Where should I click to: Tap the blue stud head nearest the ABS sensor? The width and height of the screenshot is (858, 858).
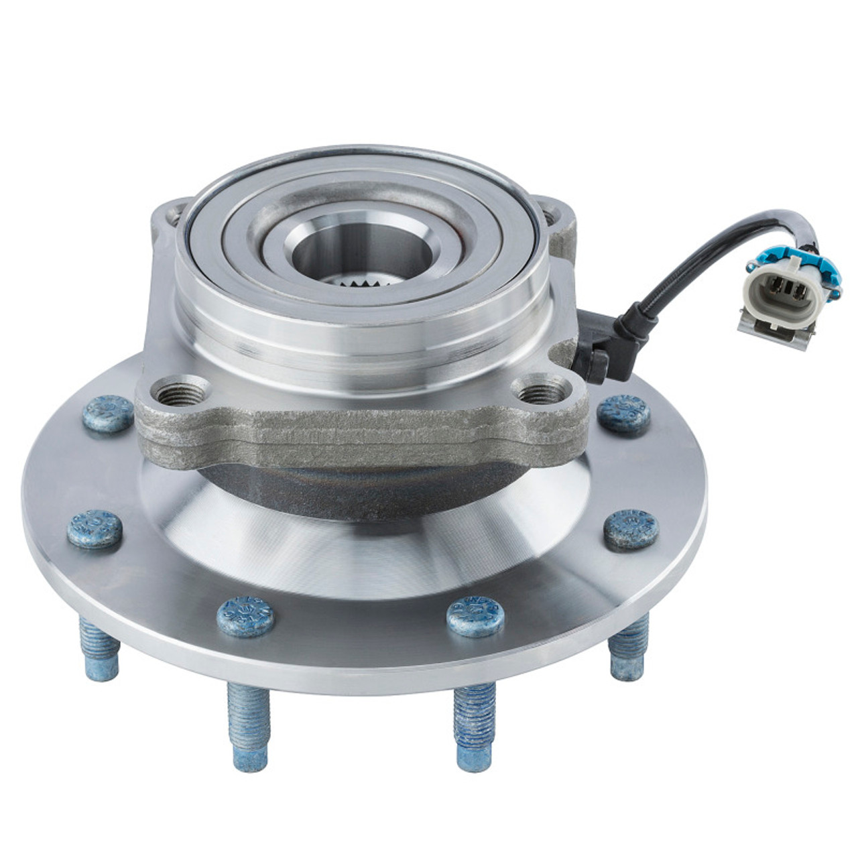tap(624, 414)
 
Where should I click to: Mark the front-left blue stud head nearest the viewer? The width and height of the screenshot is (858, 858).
tap(245, 614)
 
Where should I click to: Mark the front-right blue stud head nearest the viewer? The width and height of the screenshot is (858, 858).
tap(474, 614)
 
